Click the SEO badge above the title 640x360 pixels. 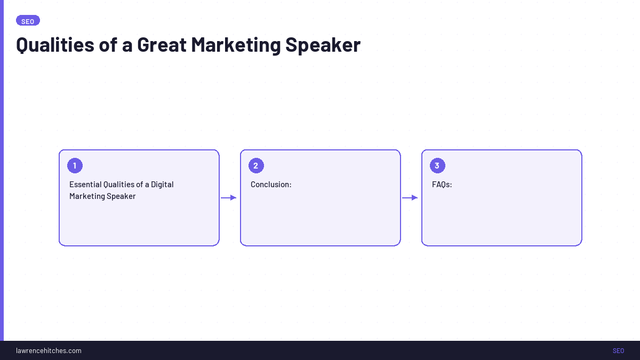point(28,21)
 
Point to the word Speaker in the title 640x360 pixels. point(323,45)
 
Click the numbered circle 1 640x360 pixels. point(75,166)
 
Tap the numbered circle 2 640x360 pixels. point(256,166)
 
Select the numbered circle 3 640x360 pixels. point(437,166)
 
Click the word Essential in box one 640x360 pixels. point(85,185)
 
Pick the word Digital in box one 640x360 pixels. point(162,185)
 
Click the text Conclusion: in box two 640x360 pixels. point(271,185)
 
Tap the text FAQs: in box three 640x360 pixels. point(442,185)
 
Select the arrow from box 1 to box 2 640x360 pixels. point(229,198)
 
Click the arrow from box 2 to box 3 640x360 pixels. point(410,198)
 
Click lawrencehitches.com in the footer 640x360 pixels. point(49,350)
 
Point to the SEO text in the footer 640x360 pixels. point(618,350)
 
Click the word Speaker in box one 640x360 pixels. point(121,196)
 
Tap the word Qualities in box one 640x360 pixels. point(118,185)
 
